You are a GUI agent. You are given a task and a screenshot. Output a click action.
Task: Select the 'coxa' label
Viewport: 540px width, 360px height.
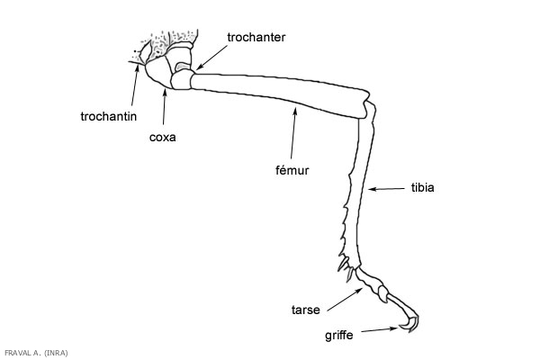point(161,138)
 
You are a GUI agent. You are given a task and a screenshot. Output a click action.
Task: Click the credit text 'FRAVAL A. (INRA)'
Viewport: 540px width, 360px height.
point(36,352)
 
